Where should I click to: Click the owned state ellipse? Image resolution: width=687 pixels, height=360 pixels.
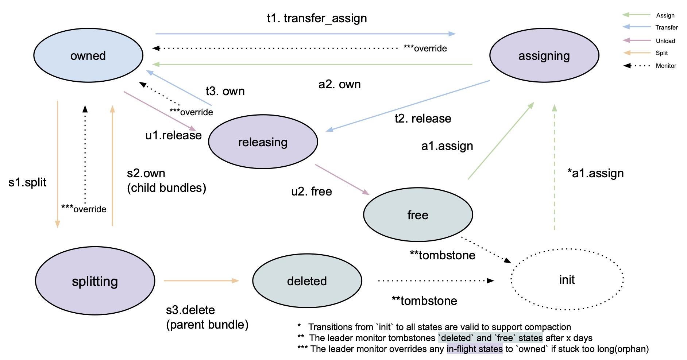[x=88, y=55]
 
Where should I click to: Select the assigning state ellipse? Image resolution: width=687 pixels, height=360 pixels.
[x=544, y=55]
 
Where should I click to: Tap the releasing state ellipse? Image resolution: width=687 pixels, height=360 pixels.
[x=263, y=142]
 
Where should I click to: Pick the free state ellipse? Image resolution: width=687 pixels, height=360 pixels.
[x=418, y=215]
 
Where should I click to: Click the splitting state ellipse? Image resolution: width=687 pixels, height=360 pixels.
[x=95, y=281]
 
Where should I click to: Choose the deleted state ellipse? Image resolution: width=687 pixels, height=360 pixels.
[x=307, y=281]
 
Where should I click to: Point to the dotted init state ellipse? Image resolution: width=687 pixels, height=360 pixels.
[x=567, y=280]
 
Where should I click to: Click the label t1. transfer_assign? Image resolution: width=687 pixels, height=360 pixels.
[x=317, y=18]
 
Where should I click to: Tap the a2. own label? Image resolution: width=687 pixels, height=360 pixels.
[x=339, y=84]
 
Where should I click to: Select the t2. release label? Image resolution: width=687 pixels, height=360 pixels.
[x=423, y=119]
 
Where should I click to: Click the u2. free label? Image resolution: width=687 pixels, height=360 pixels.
[x=311, y=191]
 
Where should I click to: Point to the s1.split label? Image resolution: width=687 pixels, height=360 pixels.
[x=27, y=182]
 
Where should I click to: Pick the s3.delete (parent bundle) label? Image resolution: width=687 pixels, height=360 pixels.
[x=207, y=317]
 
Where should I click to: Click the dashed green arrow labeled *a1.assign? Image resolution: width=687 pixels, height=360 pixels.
[x=554, y=168]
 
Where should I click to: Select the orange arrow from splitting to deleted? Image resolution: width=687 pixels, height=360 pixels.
[x=201, y=280]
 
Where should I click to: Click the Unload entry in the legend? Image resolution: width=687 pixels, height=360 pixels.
[x=665, y=41]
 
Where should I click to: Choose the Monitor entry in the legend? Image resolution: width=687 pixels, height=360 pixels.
[x=666, y=66]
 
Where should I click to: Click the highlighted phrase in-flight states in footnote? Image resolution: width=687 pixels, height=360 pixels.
[x=474, y=349]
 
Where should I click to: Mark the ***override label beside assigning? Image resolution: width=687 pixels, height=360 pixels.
[x=425, y=49]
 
